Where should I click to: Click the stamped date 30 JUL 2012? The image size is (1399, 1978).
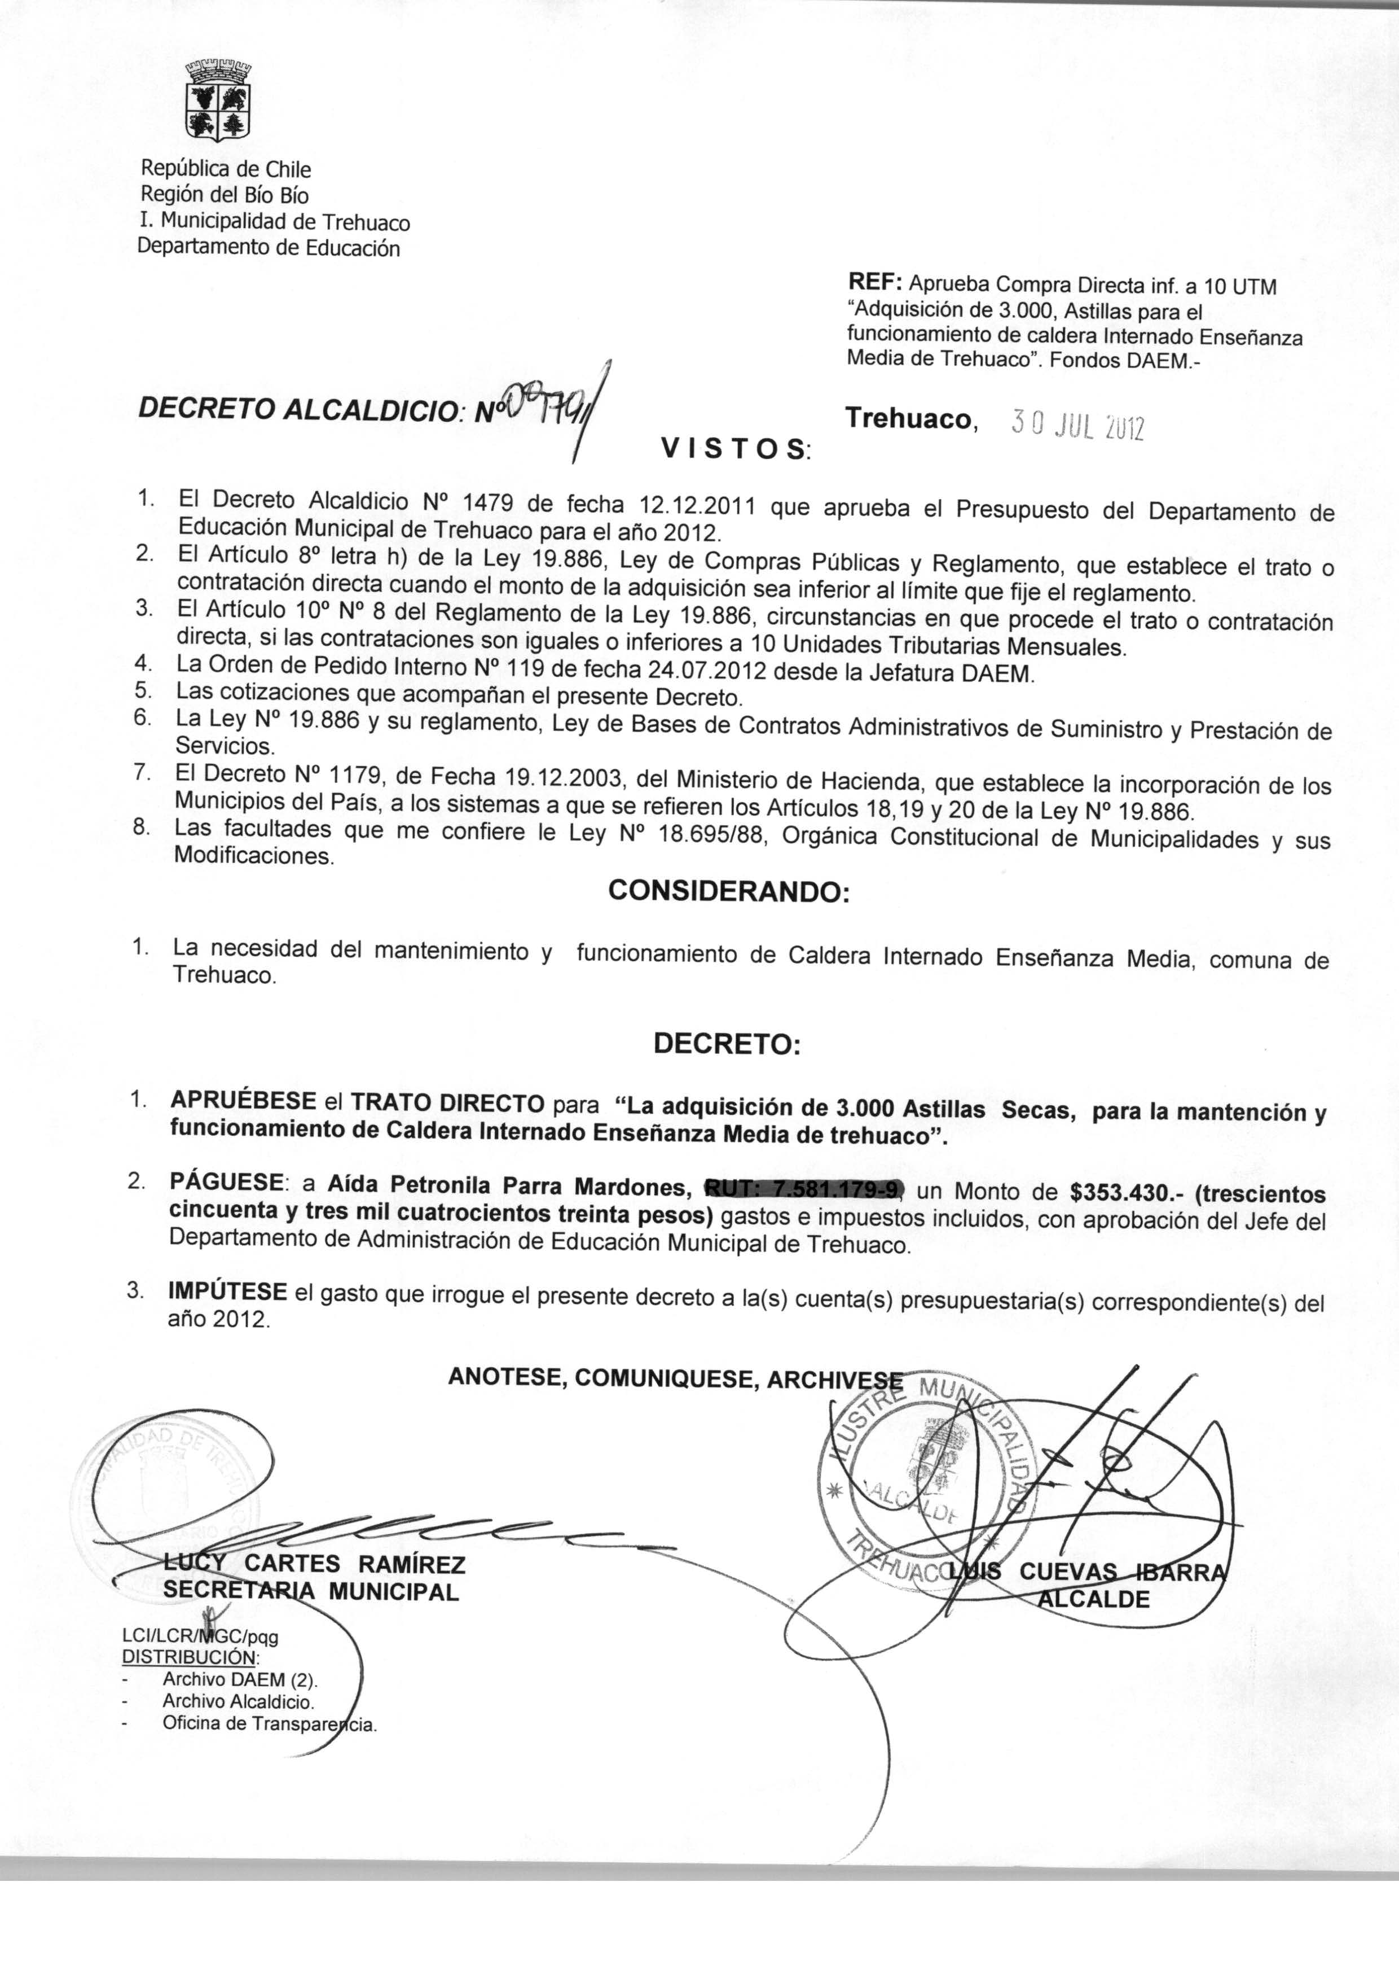click(1077, 426)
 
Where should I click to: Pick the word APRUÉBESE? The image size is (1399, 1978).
click(244, 1101)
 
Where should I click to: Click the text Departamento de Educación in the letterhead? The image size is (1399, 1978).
click(269, 248)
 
